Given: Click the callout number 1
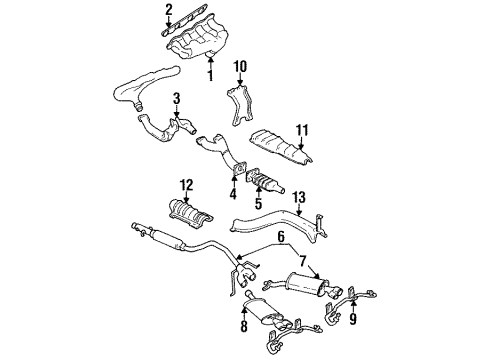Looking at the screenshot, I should point(210,74).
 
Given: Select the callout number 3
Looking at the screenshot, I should point(176,99).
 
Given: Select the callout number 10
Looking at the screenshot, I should point(240,67).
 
